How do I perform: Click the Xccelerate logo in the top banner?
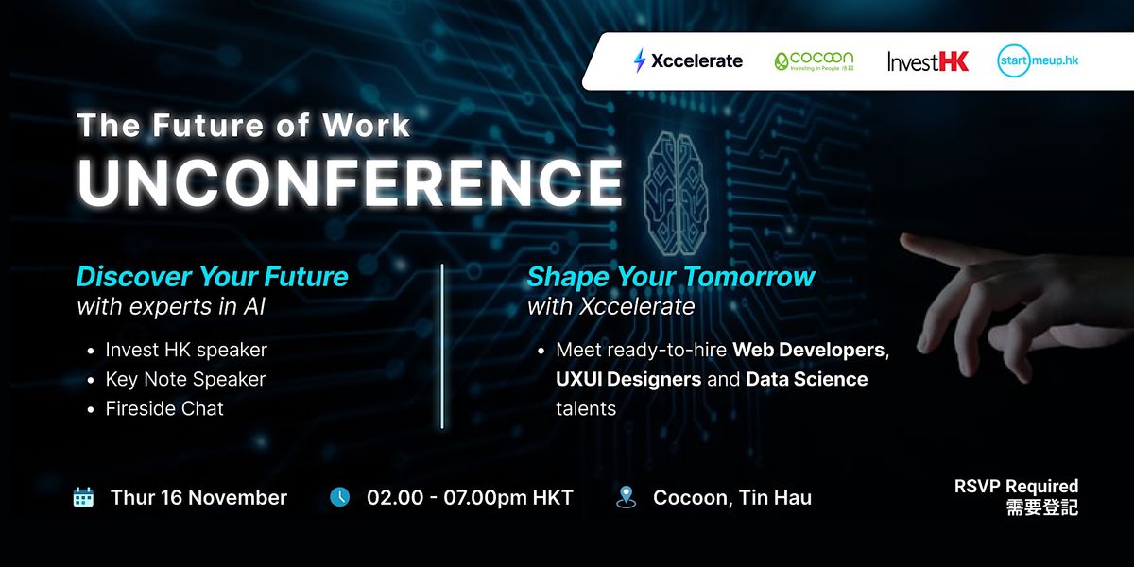pyautogui.click(x=688, y=61)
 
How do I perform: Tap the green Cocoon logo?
pyautogui.click(x=814, y=61)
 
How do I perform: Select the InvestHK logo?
pyautogui.click(x=928, y=61)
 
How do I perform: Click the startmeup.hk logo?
pyautogui.click(x=1038, y=60)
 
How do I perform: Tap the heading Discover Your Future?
pyautogui.click(x=213, y=277)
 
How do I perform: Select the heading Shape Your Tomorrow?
pyautogui.click(x=671, y=277)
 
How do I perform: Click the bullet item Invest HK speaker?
pyautogui.click(x=186, y=350)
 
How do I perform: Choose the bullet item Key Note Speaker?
pyautogui.click(x=185, y=379)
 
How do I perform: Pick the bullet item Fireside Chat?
pyautogui.click(x=164, y=408)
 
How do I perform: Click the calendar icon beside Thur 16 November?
pyautogui.click(x=83, y=497)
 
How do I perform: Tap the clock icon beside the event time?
pyautogui.click(x=339, y=497)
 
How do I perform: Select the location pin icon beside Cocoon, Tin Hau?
pyautogui.click(x=626, y=497)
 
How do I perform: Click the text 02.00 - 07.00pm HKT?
pyautogui.click(x=470, y=498)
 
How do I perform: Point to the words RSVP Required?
pyautogui.click(x=1016, y=487)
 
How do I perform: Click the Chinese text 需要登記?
pyautogui.click(x=1042, y=507)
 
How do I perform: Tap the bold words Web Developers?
pyautogui.click(x=809, y=350)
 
